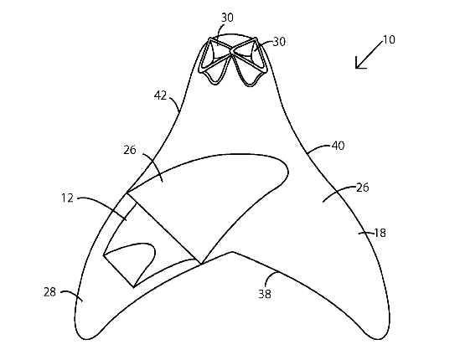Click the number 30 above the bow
pyautogui.click(x=227, y=18)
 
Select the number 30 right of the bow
pyautogui.click(x=279, y=42)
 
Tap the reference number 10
pyautogui.click(x=389, y=39)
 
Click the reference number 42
pyautogui.click(x=160, y=95)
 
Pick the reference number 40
pyautogui.click(x=338, y=146)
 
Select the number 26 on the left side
pyautogui.click(x=130, y=150)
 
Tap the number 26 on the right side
pyautogui.click(x=363, y=188)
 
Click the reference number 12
pyautogui.click(x=67, y=198)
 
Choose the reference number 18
pyautogui.click(x=380, y=233)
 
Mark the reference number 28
pyautogui.click(x=49, y=292)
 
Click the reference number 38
pyautogui.click(x=265, y=294)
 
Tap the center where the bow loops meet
pyautogui.click(x=230, y=54)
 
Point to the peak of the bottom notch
pyautogui.click(x=232, y=252)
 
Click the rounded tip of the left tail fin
pyautogui.click(x=86, y=339)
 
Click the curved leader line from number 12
pyautogui.click(x=104, y=204)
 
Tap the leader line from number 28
pyautogui.click(x=73, y=294)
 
